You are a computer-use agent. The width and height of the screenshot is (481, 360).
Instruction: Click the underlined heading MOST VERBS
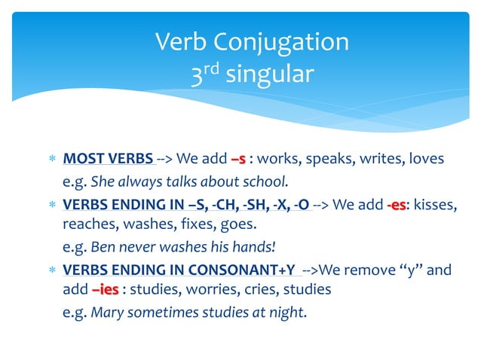coord(108,159)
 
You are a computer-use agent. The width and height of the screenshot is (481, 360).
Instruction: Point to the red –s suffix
coord(238,159)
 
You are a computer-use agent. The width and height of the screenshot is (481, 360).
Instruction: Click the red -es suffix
coord(397,203)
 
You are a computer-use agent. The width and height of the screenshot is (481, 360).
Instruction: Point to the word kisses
coord(435,203)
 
